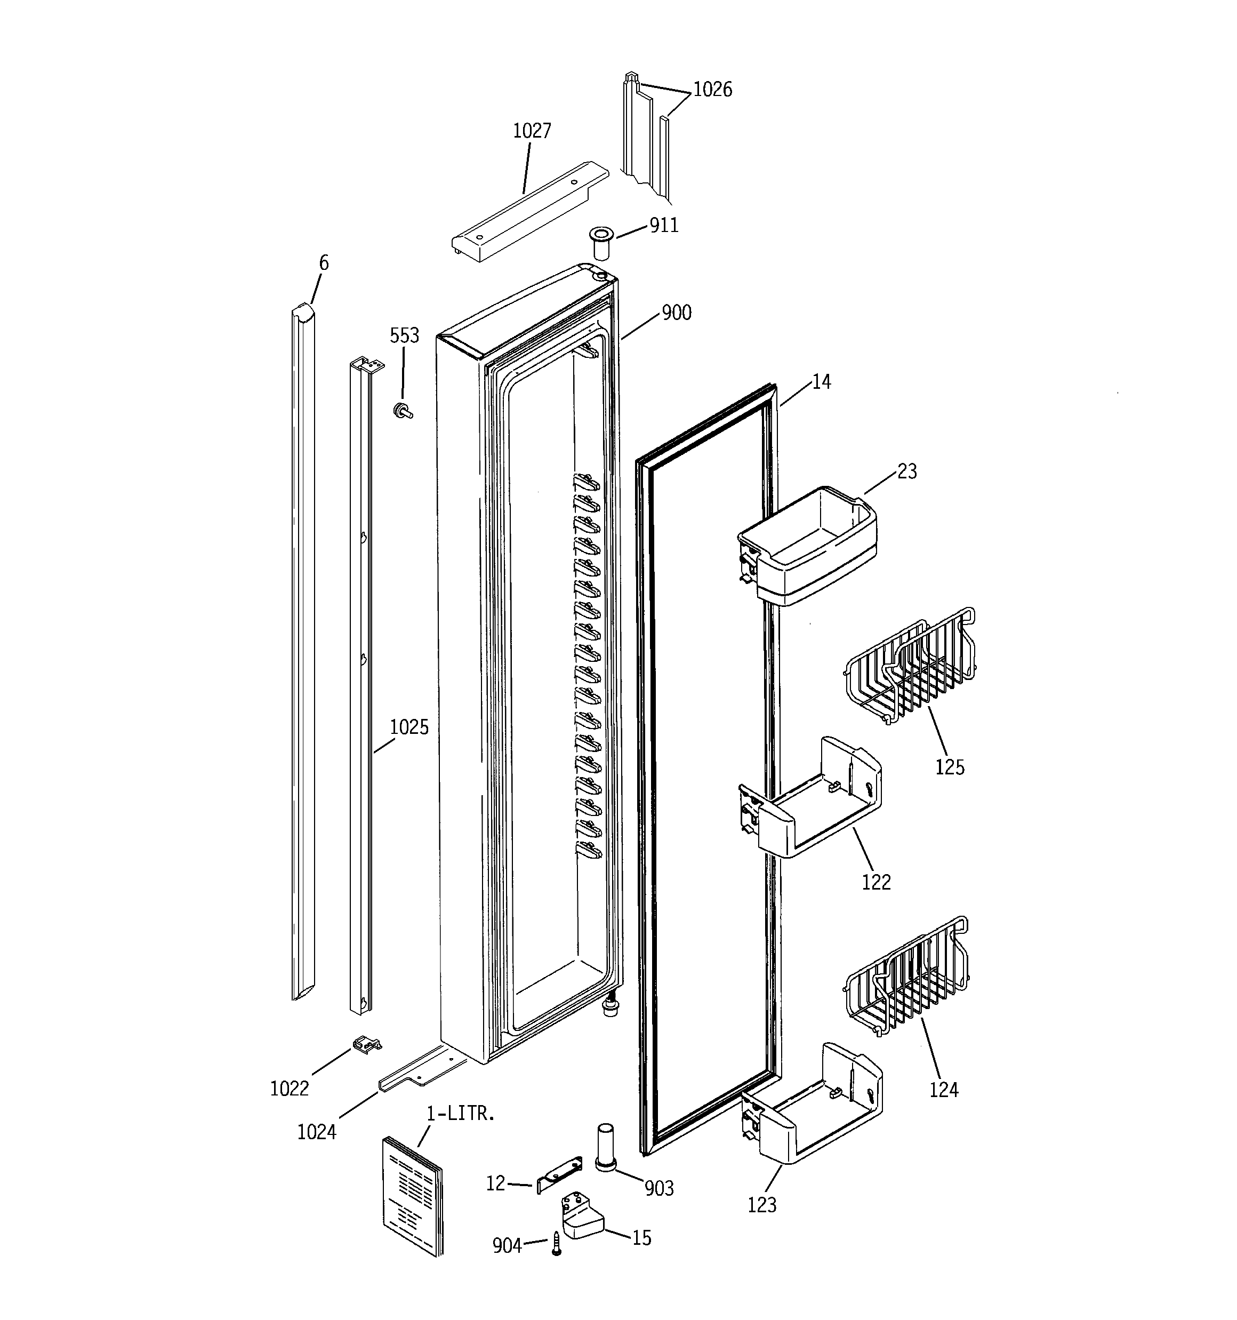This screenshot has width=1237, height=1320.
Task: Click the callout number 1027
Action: click(x=532, y=131)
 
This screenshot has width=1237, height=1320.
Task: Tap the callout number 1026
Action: click(x=712, y=90)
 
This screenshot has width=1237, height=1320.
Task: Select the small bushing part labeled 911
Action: click(x=601, y=242)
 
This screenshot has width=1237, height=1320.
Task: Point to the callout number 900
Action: click(x=677, y=313)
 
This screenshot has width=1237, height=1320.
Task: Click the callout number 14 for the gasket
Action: click(x=821, y=382)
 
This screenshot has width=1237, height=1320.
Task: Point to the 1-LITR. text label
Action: click(x=460, y=1114)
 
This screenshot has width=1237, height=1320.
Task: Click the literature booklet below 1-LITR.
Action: click(x=412, y=1195)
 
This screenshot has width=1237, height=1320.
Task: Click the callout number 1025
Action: click(x=409, y=727)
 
